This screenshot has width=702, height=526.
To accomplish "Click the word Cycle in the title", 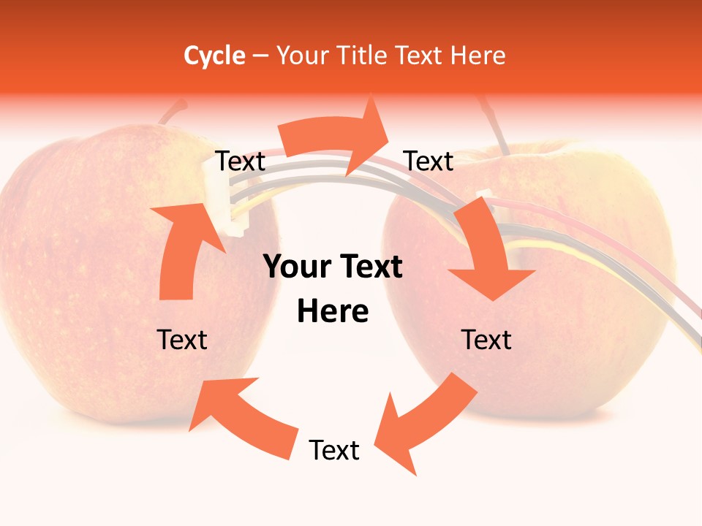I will coord(214,56).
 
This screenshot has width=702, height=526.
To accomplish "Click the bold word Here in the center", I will coord(333,312).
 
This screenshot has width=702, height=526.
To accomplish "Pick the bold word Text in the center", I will coord(367,267).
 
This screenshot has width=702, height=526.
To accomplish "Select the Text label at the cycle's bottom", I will coord(334,450).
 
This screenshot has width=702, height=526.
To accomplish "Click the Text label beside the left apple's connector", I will coord(240,161).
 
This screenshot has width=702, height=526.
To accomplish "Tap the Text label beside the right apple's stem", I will coord(429,161).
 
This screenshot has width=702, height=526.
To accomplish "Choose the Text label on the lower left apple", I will coord(182,340).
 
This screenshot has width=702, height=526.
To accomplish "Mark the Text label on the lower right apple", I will coord(486,340).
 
